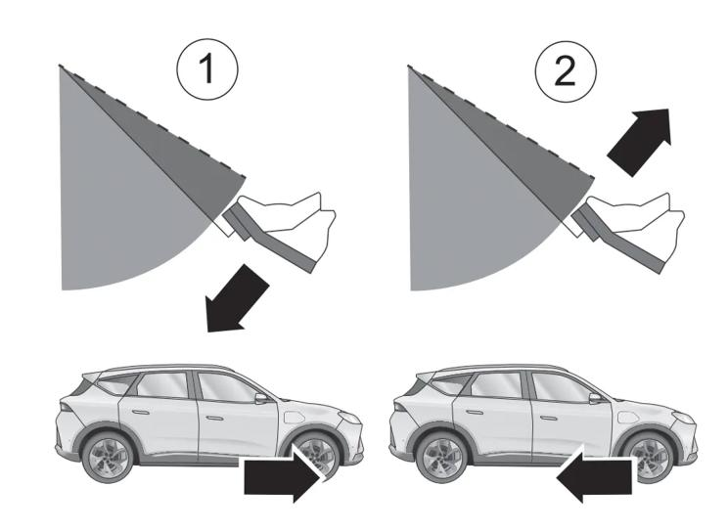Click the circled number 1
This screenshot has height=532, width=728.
(207, 69)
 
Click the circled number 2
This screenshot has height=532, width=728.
(566, 71)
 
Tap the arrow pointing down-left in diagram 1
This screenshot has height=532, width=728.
(238, 299)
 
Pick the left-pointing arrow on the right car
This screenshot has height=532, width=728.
(594, 476)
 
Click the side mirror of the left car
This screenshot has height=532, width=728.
(261, 398)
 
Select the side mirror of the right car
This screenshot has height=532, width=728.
(595, 398)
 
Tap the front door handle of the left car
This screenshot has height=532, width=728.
(215, 418)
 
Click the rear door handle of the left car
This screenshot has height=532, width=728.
(140, 412)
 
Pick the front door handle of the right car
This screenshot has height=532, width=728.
(549, 418)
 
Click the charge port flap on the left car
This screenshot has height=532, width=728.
(294, 417)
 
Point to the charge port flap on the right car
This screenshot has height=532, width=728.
(628, 417)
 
